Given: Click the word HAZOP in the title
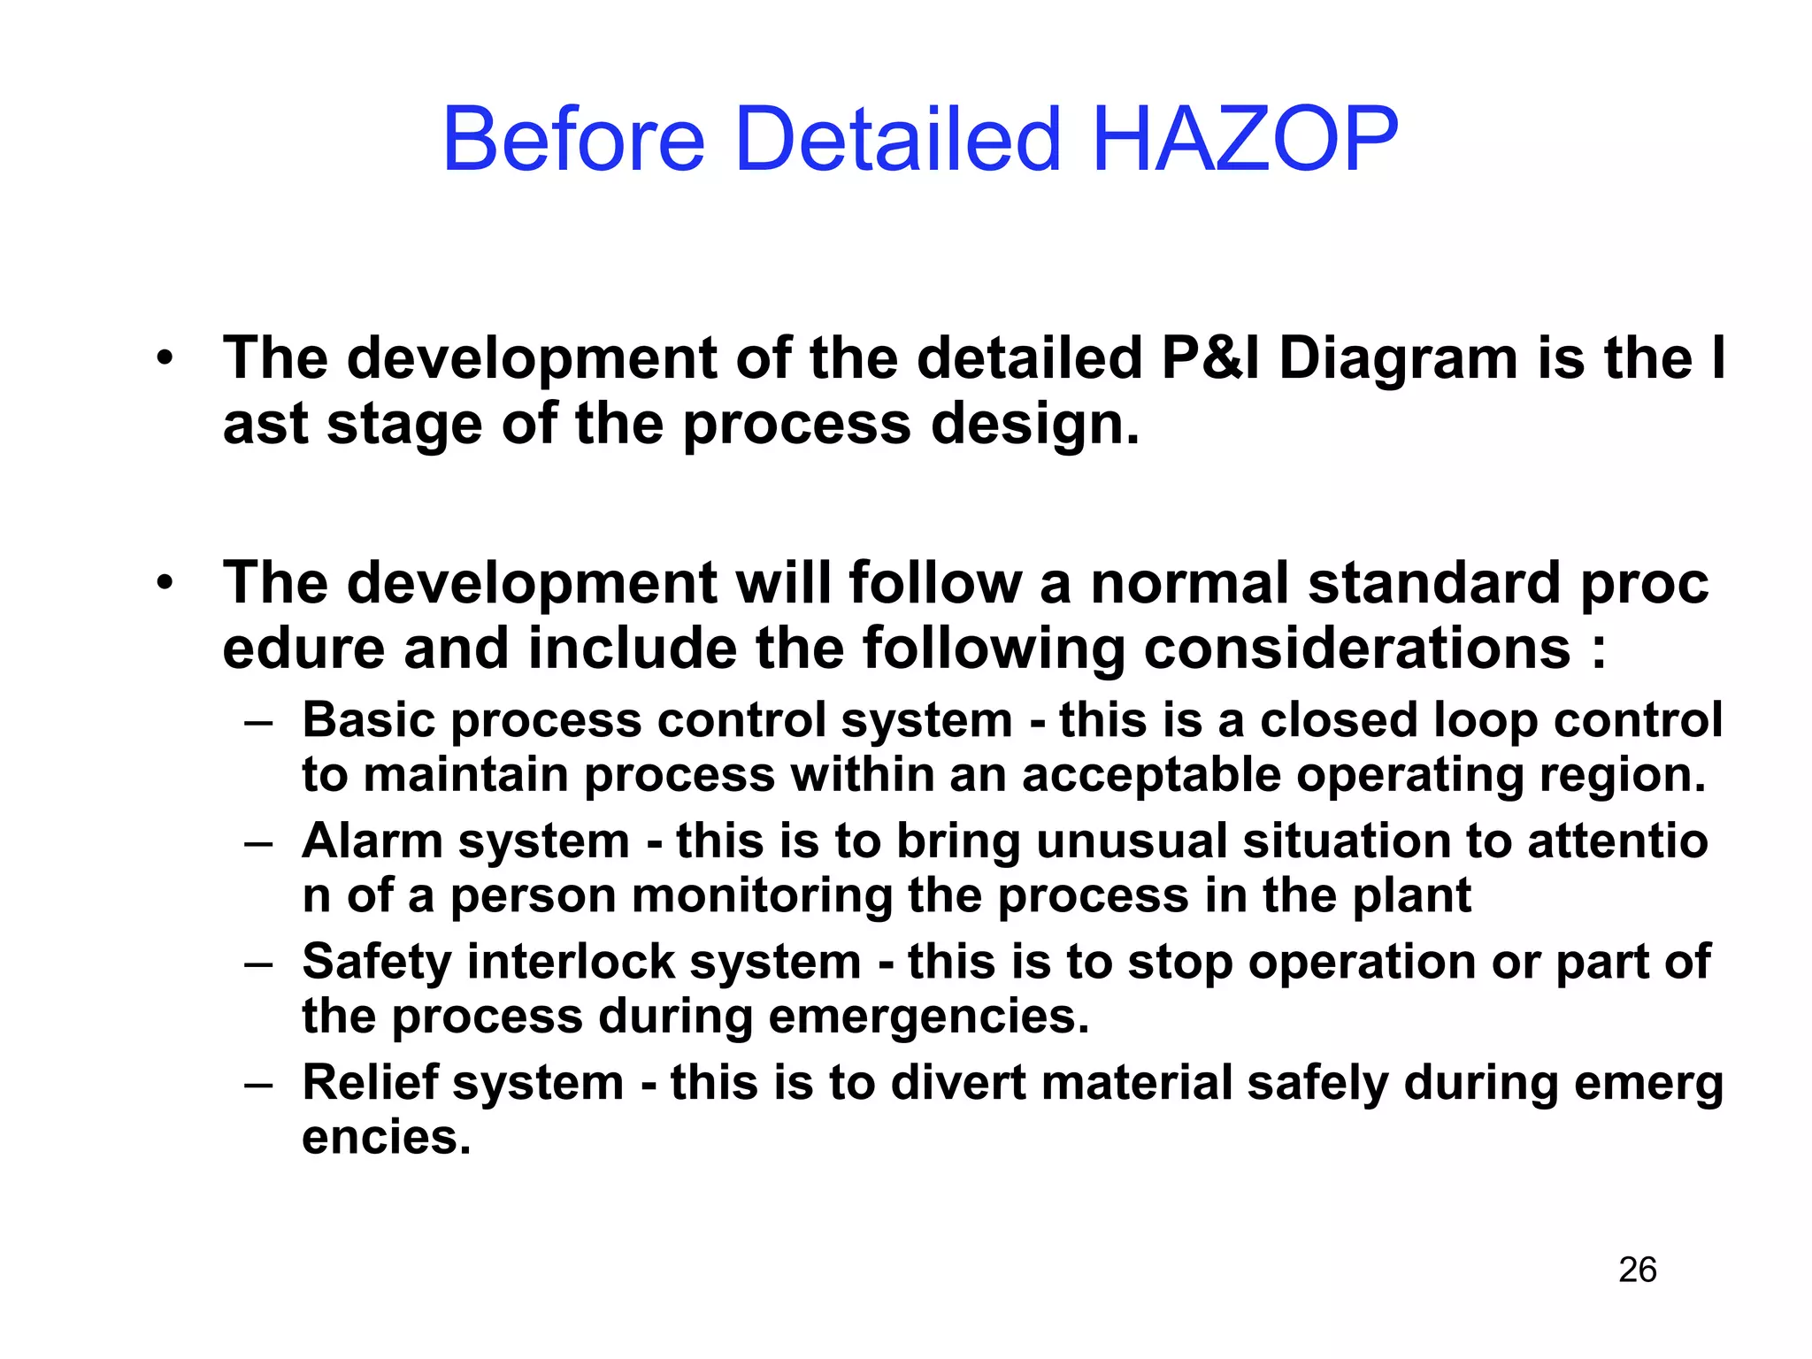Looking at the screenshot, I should click(x=1246, y=140).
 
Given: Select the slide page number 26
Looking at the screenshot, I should click(x=1637, y=1270).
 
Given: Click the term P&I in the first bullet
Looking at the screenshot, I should click(x=1210, y=358).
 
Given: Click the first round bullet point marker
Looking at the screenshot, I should click(x=165, y=359).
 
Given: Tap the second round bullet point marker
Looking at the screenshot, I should click(x=165, y=584).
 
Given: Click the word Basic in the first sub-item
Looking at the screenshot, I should click(x=369, y=719).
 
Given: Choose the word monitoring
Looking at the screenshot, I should click(x=762, y=895).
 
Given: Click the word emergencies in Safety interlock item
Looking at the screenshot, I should click(x=929, y=1017).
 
